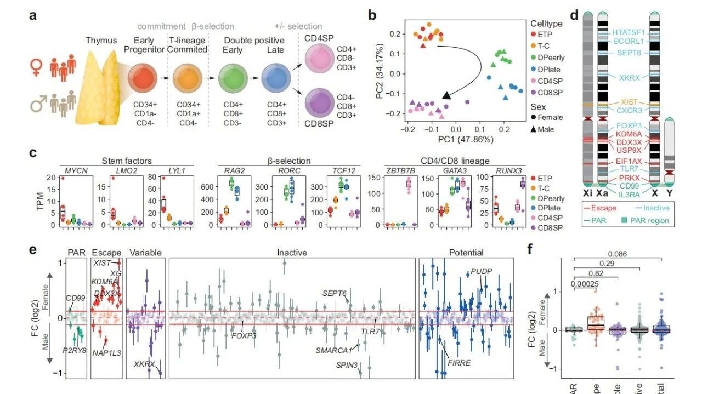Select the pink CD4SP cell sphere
click(x=321, y=57)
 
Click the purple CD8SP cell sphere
click(x=321, y=102)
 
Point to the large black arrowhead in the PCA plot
click(x=447, y=96)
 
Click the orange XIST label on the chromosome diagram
click(x=629, y=102)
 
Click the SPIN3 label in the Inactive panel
click(x=347, y=364)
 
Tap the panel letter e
click(x=33, y=250)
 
